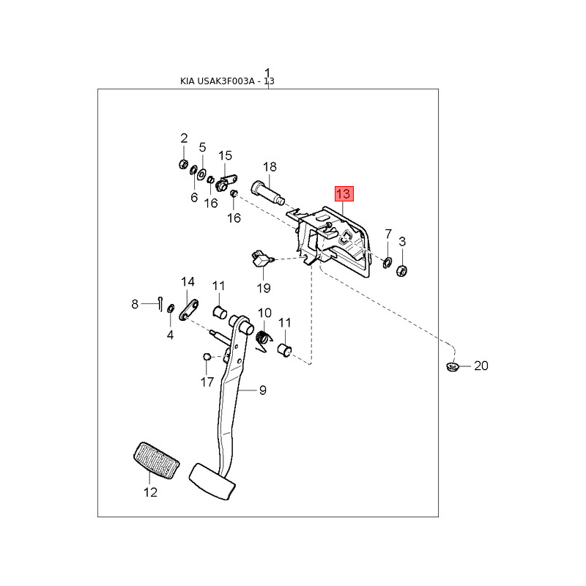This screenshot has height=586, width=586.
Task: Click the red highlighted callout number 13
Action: (344, 194)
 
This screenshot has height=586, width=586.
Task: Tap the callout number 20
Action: (481, 366)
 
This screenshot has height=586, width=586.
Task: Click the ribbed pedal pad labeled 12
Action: (156, 461)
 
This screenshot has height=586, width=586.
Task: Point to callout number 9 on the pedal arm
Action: (262, 390)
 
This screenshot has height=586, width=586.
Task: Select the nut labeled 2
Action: (183, 163)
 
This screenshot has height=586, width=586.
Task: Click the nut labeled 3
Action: (401, 271)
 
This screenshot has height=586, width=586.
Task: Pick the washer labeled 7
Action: (387, 260)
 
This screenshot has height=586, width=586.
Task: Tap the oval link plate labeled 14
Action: (188, 308)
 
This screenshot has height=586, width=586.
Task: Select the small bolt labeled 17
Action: (207, 357)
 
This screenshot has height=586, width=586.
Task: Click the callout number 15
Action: (225, 155)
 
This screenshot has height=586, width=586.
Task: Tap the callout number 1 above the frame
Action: (268, 73)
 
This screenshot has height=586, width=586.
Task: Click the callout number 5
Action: (203, 147)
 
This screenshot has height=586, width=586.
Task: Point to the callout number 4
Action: (170, 335)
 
